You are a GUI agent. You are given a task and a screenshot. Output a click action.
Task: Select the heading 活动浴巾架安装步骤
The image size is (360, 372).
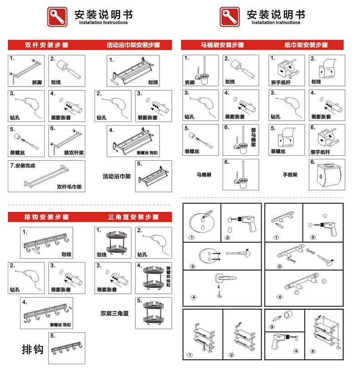click(x=133, y=46)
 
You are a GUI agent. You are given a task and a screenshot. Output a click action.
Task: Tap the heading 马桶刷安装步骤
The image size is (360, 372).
click(x=222, y=46)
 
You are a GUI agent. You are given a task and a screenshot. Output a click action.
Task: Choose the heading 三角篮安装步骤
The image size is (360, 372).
click(x=133, y=217)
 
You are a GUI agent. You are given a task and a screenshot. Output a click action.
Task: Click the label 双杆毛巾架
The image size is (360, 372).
click(x=69, y=187)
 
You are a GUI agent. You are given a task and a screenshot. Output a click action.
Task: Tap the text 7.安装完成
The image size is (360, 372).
click(x=22, y=165)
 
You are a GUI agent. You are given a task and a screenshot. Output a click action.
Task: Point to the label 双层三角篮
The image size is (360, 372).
click(x=114, y=313)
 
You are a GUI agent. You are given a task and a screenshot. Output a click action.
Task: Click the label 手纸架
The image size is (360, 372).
click(x=290, y=174)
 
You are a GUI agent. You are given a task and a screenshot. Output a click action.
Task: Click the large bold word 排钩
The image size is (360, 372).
click(x=33, y=349)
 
